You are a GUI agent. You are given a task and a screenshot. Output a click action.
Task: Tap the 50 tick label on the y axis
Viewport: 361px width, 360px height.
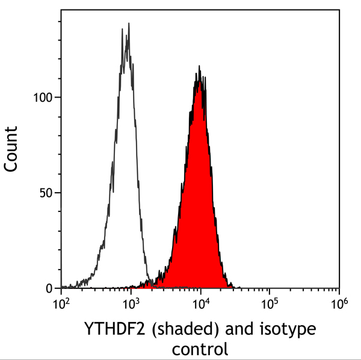[46, 193]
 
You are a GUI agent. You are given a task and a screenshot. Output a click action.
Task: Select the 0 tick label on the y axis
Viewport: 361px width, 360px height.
[50, 288]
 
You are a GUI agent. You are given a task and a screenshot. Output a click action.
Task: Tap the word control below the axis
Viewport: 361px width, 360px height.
[200, 349]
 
